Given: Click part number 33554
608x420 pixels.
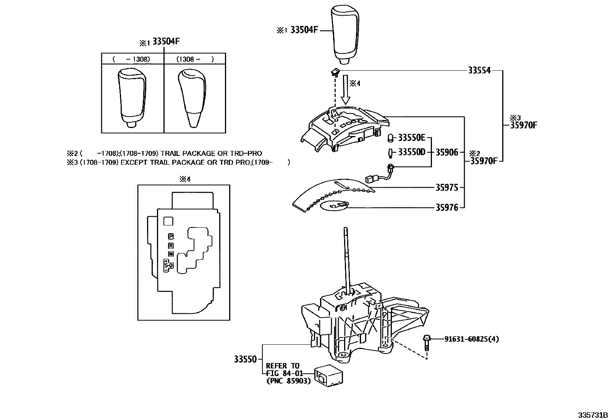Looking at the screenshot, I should point(479,71).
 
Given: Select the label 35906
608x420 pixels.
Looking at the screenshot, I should point(446,152).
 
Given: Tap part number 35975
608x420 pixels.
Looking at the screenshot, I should point(446,187).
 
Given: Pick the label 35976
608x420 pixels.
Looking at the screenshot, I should point(446,208).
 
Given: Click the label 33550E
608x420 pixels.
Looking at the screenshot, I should point(411,137).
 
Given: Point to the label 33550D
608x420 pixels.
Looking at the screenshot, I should point(411,152).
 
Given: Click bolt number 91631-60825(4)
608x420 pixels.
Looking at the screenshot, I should point(471,339).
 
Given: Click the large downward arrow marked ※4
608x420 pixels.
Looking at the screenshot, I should point(346,90).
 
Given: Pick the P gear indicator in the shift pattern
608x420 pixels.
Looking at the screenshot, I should point(171,237).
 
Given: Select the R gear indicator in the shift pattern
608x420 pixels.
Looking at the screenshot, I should point(171,245).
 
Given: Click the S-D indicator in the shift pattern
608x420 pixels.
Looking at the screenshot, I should point(168,265).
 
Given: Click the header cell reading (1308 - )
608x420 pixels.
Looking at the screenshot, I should point(195,59).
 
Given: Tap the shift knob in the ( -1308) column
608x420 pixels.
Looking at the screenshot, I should point(132,97).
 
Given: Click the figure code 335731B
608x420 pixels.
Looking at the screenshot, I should point(592,415).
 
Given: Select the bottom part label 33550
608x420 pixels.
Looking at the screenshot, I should point(245,359).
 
